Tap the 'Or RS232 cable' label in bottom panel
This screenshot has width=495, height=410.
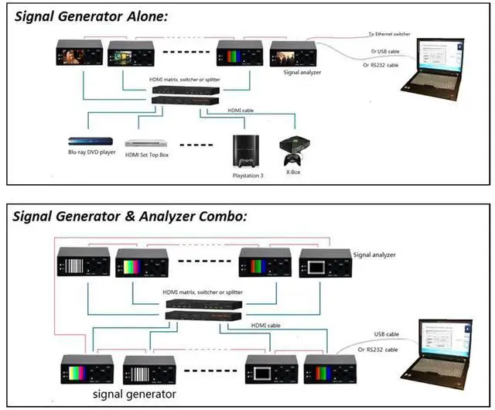pos(378,350)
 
